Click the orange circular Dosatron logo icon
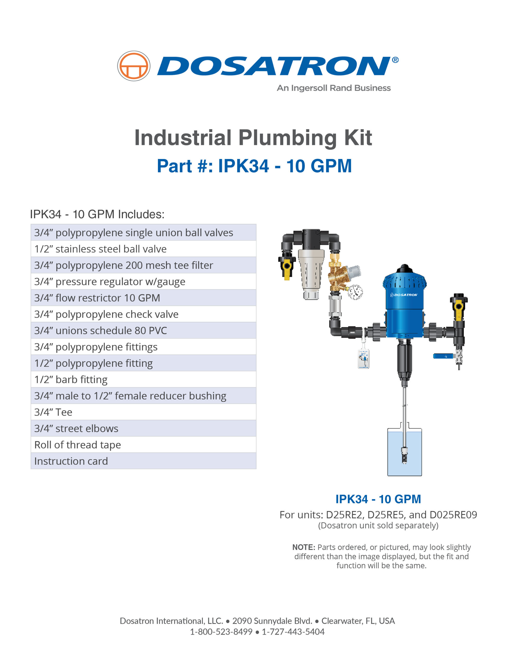coord(134,66)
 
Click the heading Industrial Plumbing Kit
coord(253,138)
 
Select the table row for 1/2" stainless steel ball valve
coord(143,249)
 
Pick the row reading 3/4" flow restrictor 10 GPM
coord(143,298)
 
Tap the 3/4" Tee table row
coord(143,412)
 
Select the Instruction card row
coord(143,461)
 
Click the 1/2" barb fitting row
coord(143,380)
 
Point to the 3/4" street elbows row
coord(143,428)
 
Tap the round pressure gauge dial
coord(355,292)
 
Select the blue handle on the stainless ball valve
coord(442,356)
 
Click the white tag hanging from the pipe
coord(363,359)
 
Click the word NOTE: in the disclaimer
coord(303,547)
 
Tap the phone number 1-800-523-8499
coord(221,632)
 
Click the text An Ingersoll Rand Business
coord(334,88)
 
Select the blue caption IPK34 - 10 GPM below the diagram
coord(378,499)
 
